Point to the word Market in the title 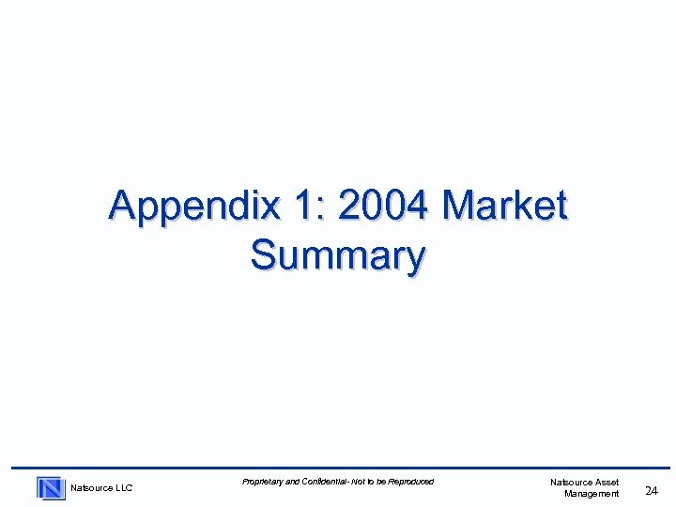pyautogui.click(x=505, y=205)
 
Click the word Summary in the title pyautogui.click(x=338, y=254)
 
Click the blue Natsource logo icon pyautogui.click(x=51, y=488)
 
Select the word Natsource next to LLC pyautogui.click(x=91, y=488)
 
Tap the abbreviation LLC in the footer pyautogui.click(x=123, y=488)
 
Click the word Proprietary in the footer pyautogui.click(x=262, y=482)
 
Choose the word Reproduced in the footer pyautogui.click(x=411, y=482)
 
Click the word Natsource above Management pyautogui.click(x=571, y=483)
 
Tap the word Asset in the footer pyautogui.click(x=607, y=483)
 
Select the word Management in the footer pyautogui.click(x=591, y=494)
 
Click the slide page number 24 pyautogui.click(x=652, y=488)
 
